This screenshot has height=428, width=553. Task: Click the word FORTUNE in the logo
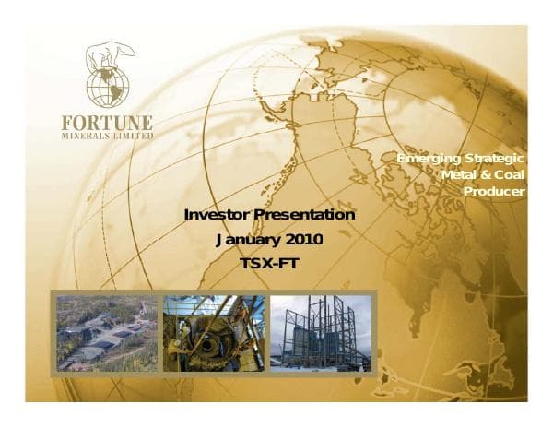coord(108,122)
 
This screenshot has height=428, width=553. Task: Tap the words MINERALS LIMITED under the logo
coord(108,135)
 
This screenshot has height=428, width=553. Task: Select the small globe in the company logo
coord(109,84)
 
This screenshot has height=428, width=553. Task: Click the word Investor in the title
coord(218,215)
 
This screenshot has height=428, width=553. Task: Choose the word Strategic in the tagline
coord(494,160)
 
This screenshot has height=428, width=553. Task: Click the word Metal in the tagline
coord(461,175)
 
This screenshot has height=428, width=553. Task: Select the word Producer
coord(494,191)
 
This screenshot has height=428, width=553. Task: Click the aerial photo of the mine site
coord(104,333)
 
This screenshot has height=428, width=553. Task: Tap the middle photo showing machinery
coord(213,333)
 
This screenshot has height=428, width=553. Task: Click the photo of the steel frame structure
coord(321,333)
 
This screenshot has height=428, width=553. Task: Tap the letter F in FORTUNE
coord(67,122)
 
